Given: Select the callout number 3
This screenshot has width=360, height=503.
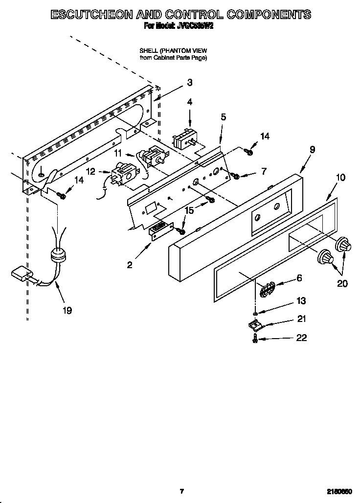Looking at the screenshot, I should [190, 83].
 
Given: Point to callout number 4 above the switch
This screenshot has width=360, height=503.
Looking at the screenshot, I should [189, 102].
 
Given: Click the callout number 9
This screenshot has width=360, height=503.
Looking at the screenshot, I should [312, 150].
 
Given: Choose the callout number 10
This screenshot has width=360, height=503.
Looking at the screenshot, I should [341, 177].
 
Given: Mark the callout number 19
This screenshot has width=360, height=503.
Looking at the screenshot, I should [67, 310].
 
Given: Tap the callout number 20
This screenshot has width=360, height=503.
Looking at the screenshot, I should [342, 283].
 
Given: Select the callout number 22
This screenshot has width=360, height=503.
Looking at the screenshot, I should [302, 338].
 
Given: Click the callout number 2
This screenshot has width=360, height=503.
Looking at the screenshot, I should [130, 265].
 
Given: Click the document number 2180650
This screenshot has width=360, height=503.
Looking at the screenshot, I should [341, 491].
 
